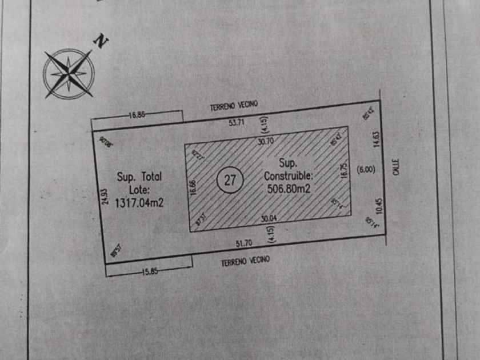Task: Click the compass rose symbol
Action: click(69, 73)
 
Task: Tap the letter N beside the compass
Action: click(101, 42)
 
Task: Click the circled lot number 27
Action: click(230, 181)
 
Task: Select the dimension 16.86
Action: click(138, 114)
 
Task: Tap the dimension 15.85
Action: click(150, 271)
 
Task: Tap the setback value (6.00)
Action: click(365, 169)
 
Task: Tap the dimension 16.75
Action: click(344, 173)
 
